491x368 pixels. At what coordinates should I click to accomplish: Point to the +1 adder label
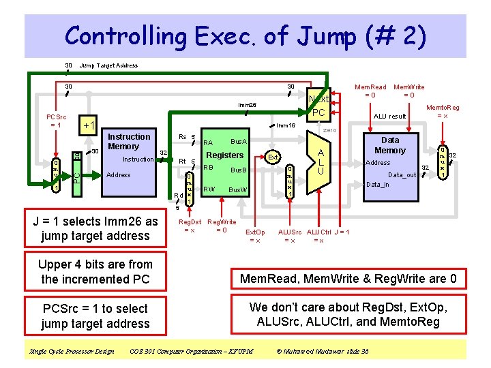[88, 126]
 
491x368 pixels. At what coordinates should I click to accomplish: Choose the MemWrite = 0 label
[409, 91]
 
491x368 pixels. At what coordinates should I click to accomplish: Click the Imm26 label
[247, 106]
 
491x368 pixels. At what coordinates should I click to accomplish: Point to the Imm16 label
[286, 125]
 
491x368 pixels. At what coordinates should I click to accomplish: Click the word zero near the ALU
[330, 129]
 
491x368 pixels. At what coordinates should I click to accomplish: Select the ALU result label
[390, 117]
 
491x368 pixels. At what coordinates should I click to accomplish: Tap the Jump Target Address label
[108, 66]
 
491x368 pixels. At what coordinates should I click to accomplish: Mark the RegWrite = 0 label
[222, 226]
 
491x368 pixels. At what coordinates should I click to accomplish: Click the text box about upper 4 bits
[95, 271]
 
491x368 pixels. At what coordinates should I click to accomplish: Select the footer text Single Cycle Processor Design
[72, 352]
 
